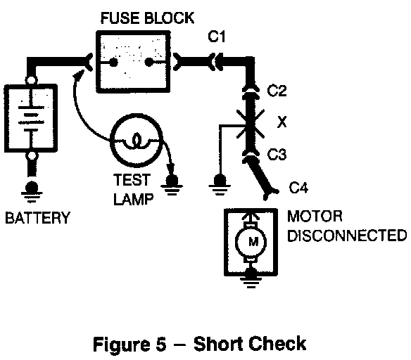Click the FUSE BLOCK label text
pyautogui.click(x=147, y=18)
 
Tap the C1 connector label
pyautogui.click(x=217, y=37)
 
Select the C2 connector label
pyautogui.click(x=277, y=91)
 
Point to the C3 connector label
pyautogui.click(x=277, y=154)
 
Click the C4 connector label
pyautogui.click(x=298, y=188)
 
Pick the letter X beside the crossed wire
pyautogui.click(x=282, y=122)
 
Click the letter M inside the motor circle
pyautogui.click(x=253, y=241)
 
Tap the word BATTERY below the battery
pyautogui.click(x=38, y=217)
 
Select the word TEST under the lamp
pyautogui.click(x=132, y=180)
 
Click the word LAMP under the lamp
pyautogui.click(x=134, y=199)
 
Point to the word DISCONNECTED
pyautogui.click(x=347, y=235)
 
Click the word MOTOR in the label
pyautogui.click(x=315, y=217)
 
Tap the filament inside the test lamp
pyautogui.click(x=136, y=141)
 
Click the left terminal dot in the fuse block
pyautogui.click(x=113, y=63)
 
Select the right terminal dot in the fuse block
pyautogui.click(x=149, y=63)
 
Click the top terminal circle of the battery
pyautogui.click(x=31, y=80)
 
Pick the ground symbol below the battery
pyautogui.click(x=32, y=191)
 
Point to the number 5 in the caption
pyautogui.click(x=161, y=344)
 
